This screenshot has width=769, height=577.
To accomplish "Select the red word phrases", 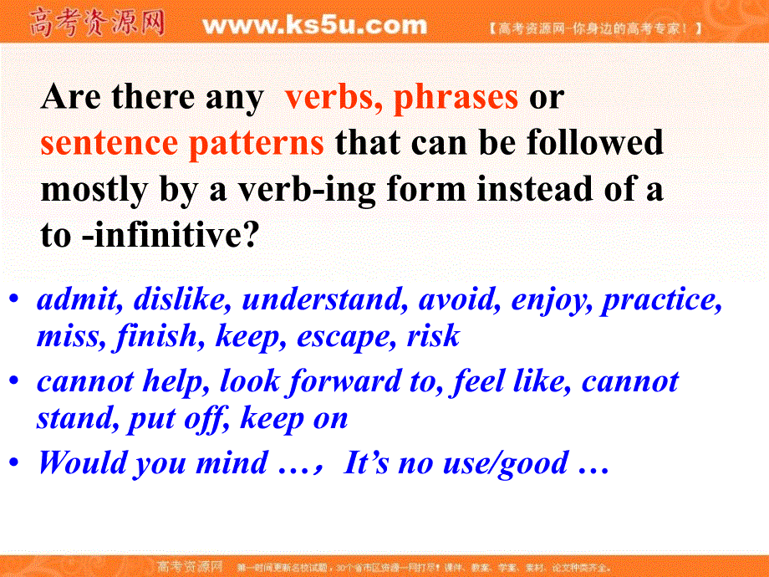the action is coord(456,98).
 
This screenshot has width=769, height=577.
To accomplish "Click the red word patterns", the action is coord(256,144).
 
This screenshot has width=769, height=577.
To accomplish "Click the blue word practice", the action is coord(662,299).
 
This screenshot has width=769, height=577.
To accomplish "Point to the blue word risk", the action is coord(434,335).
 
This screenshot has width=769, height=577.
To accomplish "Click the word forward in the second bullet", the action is coord(344,381).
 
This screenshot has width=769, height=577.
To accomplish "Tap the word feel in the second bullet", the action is coord(478,381).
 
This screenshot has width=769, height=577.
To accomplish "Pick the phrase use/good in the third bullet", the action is coord(506,463).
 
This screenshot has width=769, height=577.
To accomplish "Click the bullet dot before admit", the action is coord(14,299).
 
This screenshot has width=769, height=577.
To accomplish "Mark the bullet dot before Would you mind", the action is coord(14,462).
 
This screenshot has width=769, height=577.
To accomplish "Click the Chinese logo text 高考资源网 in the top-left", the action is coord(97,23).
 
